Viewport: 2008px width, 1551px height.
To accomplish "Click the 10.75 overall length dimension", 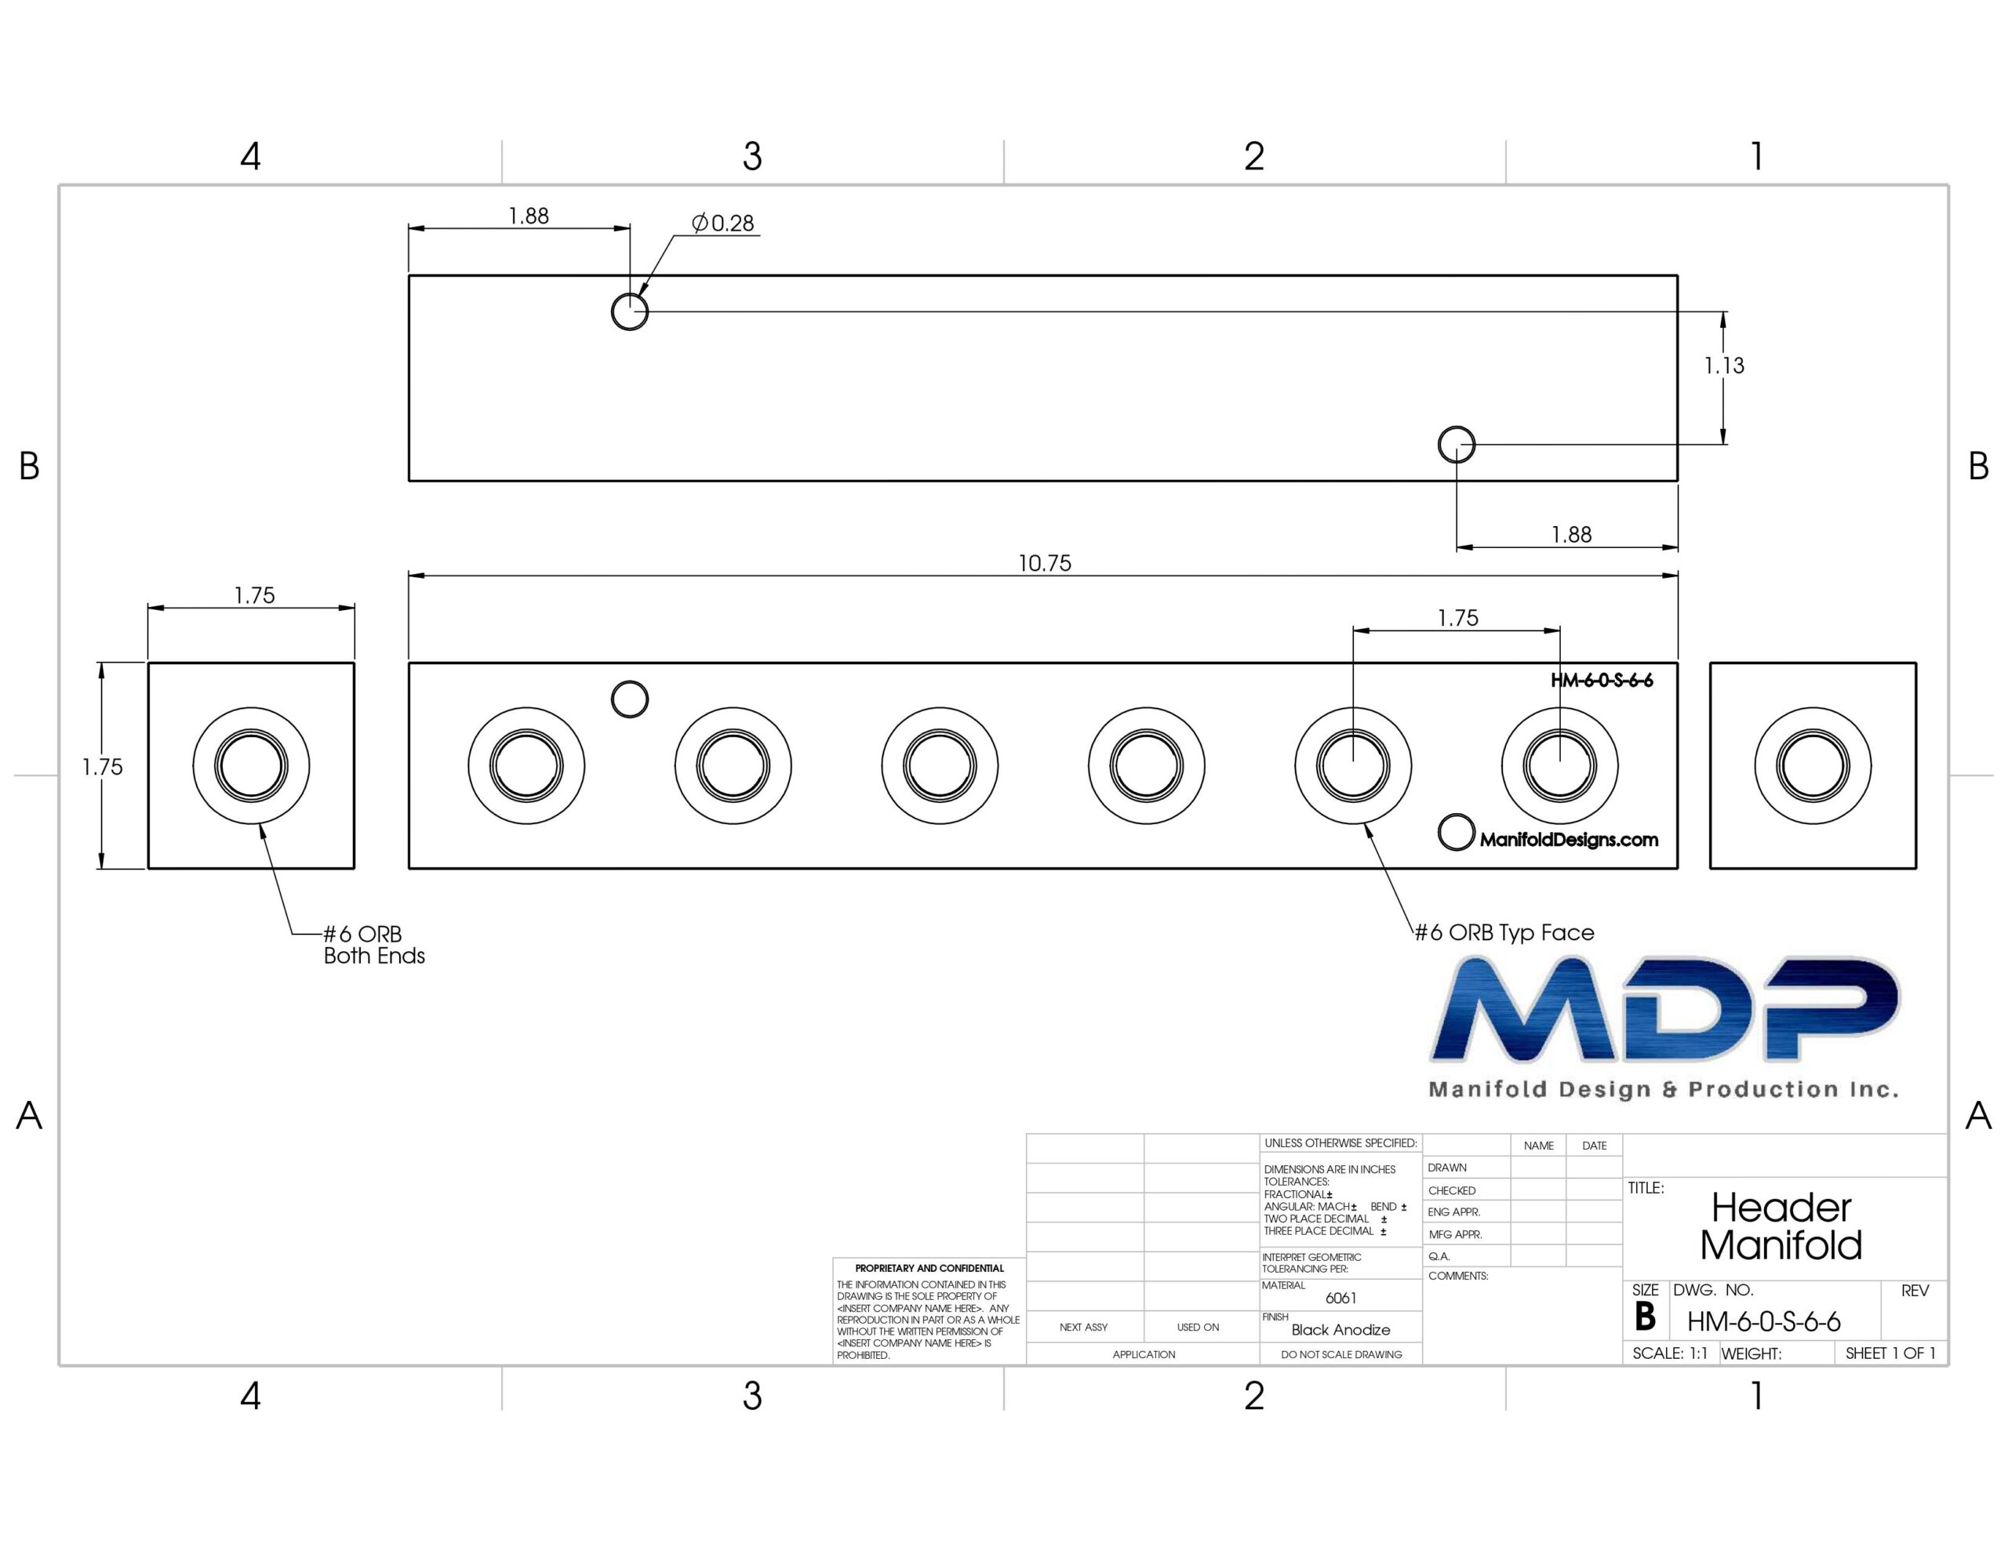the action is pyautogui.click(x=1045, y=563).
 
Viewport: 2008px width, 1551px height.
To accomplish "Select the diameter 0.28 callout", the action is pyautogui.click(x=722, y=223).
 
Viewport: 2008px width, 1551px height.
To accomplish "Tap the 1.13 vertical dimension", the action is pyautogui.click(x=1724, y=366).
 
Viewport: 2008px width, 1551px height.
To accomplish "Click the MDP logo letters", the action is pyautogui.click(x=1664, y=1008).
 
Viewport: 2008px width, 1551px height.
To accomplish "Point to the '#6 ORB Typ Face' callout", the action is pyautogui.click(x=1504, y=932).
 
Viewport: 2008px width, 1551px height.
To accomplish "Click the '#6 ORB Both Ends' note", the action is pyautogui.click(x=374, y=944).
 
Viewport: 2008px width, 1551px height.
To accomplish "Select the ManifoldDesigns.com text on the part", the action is pyautogui.click(x=1569, y=839).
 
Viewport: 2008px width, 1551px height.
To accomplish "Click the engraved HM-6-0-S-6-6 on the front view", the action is pyautogui.click(x=1602, y=681).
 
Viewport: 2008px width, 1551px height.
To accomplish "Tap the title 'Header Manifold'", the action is pyautogui.click(x=1781, y=1226).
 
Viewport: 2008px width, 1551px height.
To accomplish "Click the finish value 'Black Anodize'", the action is pyautogui.click(x=1340, y=1329).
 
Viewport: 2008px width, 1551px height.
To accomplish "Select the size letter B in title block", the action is pyautogui.click(x=1645, y=1317).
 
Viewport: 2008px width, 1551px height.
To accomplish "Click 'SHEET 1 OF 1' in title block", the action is pyautogui.click(x=1890, y=1353).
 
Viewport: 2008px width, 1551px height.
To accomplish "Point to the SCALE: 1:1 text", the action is pyautogui.click(x=1670, y=1353).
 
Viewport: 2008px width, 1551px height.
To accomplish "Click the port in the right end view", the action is pyautogui.click(x=1812, y=765).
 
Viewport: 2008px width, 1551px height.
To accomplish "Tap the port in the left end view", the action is pyautogui.click(x=251, y=765).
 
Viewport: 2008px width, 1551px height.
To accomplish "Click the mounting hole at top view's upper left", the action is pyautogui.click(x=630, y=311).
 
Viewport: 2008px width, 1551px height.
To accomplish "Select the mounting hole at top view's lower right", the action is pyautogui.click(x=1457, y=445).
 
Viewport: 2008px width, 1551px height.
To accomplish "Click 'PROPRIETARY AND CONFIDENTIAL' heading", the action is pyautogui.click(x=929, y=1268).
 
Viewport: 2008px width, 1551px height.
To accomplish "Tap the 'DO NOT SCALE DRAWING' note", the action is pyautogui.click(x=1341, y=1354).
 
